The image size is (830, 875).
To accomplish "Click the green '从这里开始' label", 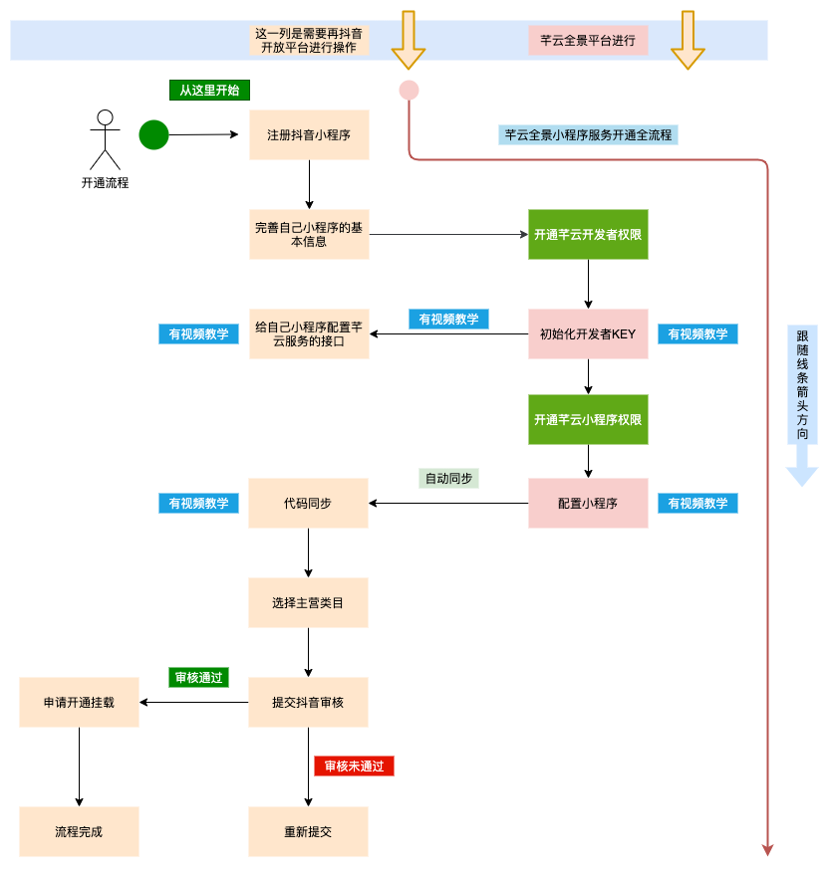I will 209,90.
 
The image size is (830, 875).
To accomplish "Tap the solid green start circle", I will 153,134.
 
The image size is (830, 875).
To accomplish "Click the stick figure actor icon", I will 105,139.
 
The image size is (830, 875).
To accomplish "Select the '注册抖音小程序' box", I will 309,134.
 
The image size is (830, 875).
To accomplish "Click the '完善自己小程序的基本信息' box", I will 309,234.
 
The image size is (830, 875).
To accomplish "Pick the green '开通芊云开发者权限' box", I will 588,234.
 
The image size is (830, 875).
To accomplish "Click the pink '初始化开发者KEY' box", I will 588,333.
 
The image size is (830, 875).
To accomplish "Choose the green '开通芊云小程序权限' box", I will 588,419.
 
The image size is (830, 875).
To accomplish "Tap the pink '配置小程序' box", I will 588,503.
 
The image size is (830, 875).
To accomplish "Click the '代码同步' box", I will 308,503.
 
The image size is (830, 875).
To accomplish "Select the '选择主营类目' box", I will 308,602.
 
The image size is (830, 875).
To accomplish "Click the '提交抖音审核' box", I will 308,702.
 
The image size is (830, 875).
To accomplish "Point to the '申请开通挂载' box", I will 79,702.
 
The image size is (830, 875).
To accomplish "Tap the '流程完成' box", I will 79,831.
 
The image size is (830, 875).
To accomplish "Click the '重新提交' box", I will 308,831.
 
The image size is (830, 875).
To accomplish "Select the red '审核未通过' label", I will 354,766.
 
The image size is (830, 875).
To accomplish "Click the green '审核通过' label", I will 199,678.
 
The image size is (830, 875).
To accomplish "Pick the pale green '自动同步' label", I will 448,478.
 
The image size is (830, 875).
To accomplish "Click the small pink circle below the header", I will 409,91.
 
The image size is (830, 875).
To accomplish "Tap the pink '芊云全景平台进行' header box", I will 588,41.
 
